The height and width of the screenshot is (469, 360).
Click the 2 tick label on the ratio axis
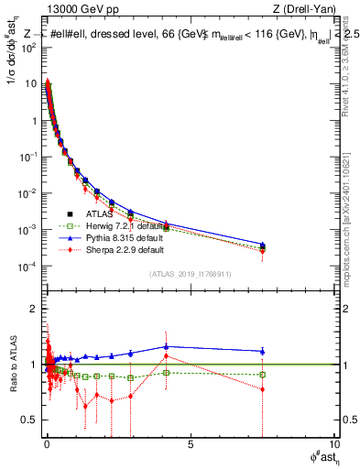(35, 309)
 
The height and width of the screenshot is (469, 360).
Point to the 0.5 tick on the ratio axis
(31, 420)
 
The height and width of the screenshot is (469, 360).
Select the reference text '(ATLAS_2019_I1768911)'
(190, 274)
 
